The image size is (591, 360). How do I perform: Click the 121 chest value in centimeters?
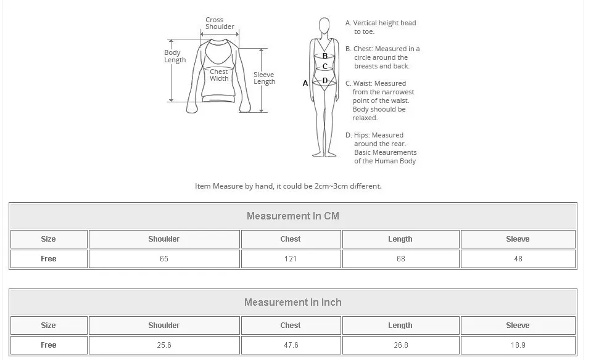[291, 259]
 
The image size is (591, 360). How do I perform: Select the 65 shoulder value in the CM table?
[164, 259]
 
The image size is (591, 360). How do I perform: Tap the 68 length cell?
[400, 259]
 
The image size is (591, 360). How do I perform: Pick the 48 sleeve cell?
[518, 259]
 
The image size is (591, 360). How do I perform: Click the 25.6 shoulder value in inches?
[164, 345]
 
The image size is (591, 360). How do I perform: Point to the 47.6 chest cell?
[291, 345]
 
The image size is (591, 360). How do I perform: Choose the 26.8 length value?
[400, 345]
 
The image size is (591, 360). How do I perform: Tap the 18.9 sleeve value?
[518, 345]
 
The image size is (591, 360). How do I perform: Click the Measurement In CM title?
[293, 216]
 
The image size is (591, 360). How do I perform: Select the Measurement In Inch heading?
[293, 303]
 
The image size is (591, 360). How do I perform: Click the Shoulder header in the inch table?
[164, 325]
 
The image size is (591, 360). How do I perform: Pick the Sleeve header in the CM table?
[518, 239]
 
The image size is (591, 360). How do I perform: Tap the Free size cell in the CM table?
[48, 259]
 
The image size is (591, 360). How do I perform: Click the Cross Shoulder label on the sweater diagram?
[220, 23]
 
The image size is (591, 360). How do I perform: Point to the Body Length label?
[175, 56]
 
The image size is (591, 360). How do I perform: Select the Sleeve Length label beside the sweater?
[264, 78]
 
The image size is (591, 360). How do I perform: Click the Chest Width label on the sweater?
[219, 75]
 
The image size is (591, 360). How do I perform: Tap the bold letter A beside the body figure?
[305, 83]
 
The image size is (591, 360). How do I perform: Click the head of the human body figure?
[324, 26]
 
